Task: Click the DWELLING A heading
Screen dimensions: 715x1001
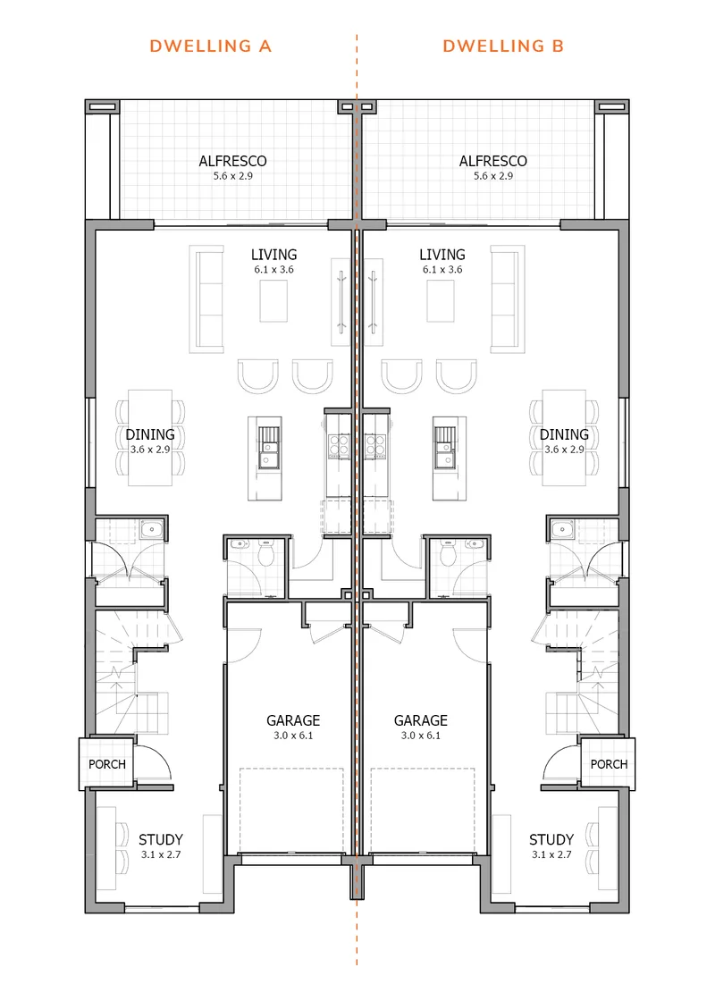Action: (211, 46)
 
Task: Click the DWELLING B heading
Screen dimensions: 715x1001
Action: (503, 46)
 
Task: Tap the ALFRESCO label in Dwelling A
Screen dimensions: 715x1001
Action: (233, 161)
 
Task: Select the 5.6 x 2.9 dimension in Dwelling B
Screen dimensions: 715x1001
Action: (493, 176)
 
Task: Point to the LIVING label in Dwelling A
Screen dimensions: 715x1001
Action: (273, 255)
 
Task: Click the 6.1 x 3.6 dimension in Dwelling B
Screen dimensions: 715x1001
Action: (442, 269)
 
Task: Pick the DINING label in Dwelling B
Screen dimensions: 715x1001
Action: (564, 434)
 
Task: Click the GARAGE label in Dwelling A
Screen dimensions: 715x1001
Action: (293, 720)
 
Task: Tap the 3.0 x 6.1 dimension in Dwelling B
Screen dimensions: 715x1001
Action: (421, 736)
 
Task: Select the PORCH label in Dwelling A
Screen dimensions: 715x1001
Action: (107, 764)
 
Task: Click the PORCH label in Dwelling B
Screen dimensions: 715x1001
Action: (609, 764)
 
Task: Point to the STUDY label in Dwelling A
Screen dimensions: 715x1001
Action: (161, 839)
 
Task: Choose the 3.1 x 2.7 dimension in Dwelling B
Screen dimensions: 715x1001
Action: (551, 854)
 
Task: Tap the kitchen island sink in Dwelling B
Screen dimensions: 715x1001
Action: (444, 447)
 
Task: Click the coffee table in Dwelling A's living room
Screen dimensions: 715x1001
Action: (273, 301)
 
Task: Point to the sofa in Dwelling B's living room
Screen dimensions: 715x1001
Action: (508, 299)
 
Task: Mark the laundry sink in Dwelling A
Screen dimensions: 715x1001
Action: (152, 529)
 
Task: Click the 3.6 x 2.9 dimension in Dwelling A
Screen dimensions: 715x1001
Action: (150, 450)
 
